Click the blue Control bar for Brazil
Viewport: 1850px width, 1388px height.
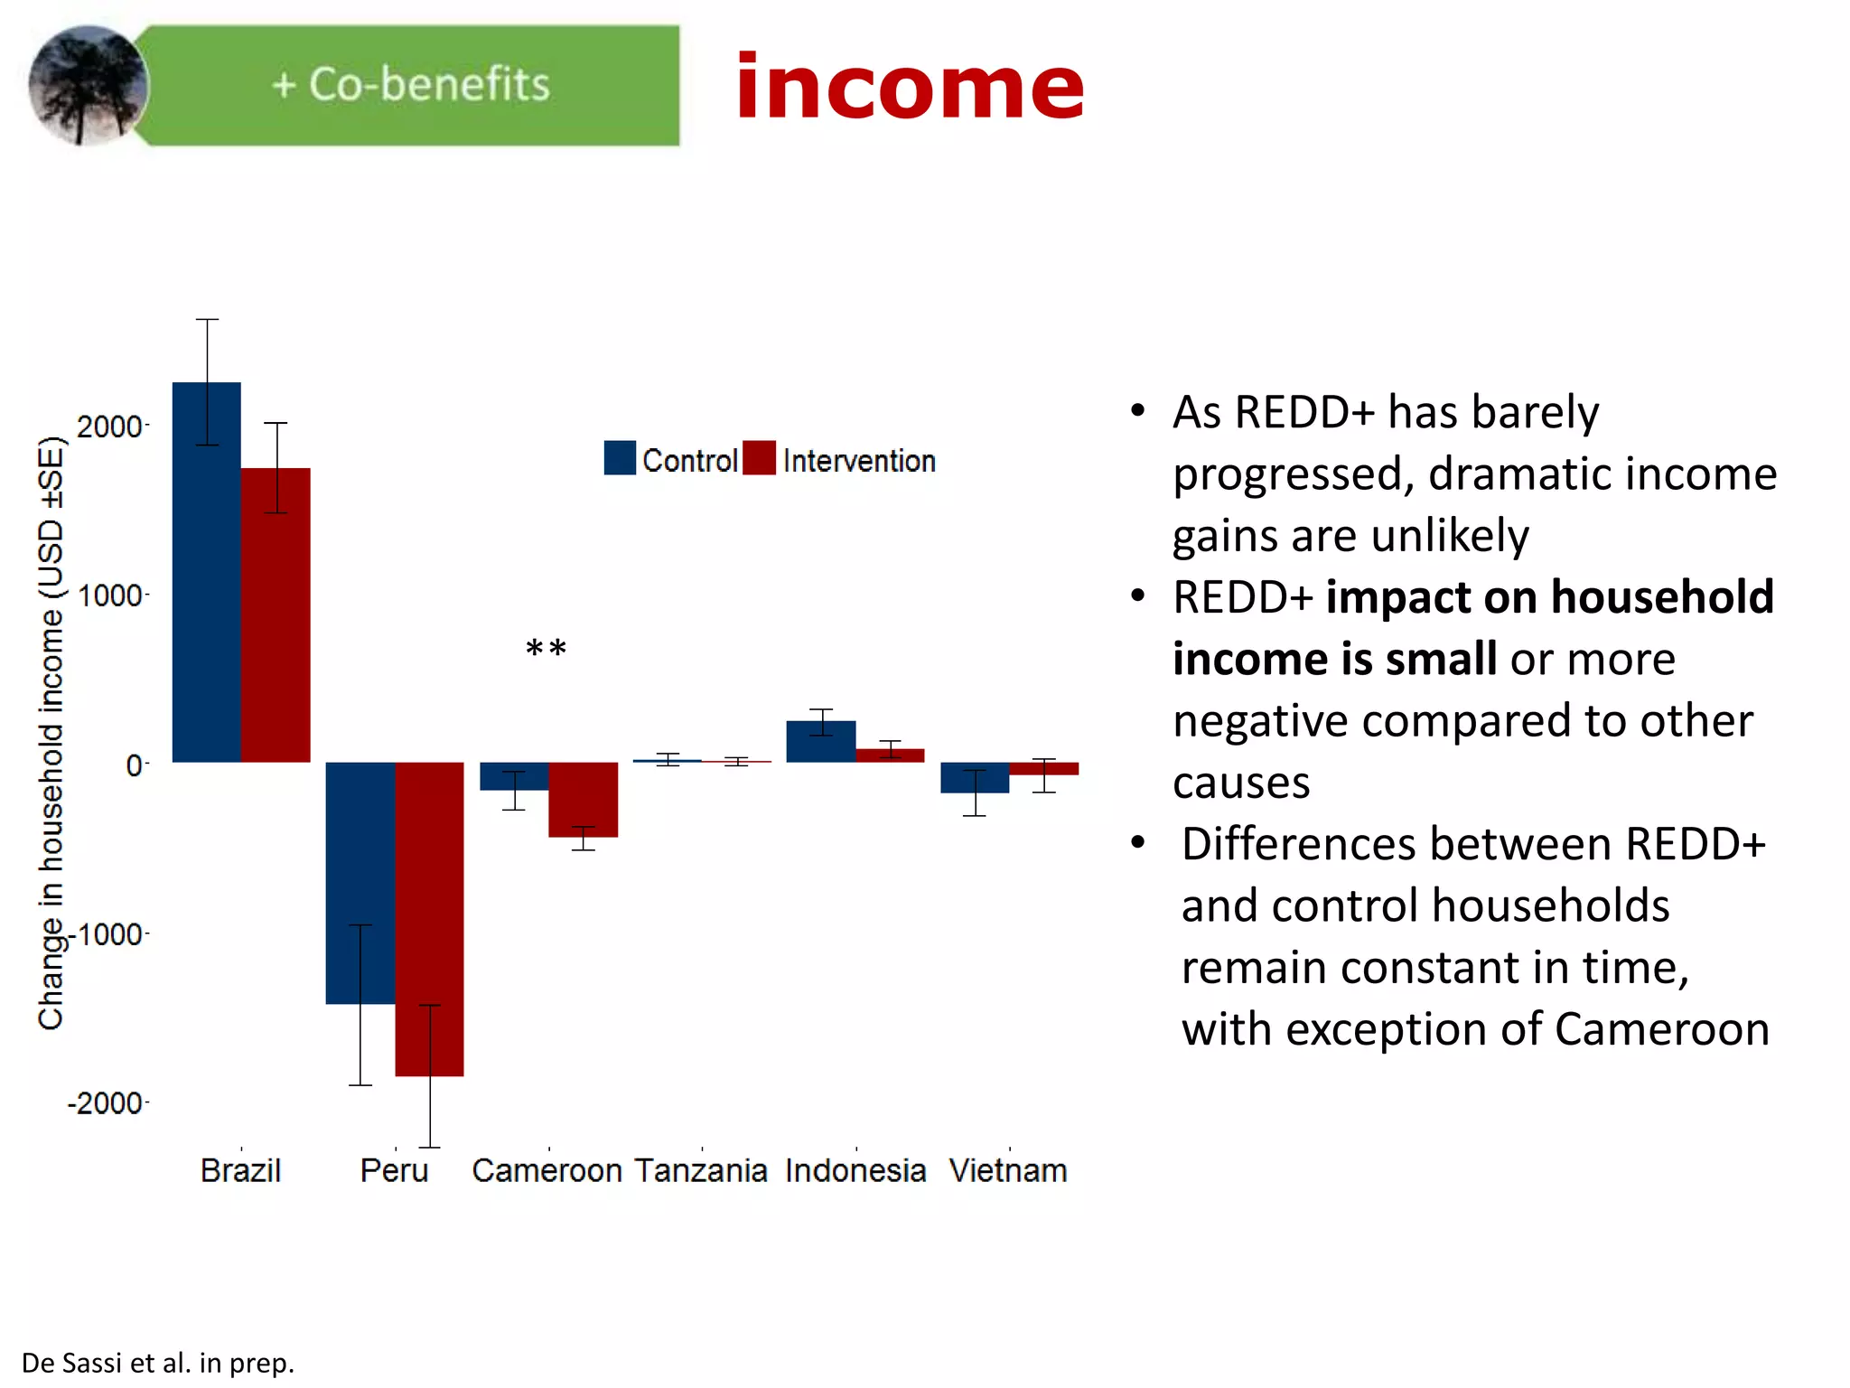click(x=207, y=578)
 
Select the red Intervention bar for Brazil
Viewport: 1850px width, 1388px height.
click(x=276, y=624)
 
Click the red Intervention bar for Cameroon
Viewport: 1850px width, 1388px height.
click(x=583, y=799)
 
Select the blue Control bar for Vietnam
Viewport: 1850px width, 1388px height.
click(x=974, y=778)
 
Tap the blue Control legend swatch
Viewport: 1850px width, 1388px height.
click(x=620, y=458)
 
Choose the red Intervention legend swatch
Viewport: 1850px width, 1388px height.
click(x=759, y=458)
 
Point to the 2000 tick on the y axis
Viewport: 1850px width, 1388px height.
click(x=109, y=427)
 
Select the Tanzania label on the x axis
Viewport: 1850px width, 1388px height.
click(x=700, y=1171)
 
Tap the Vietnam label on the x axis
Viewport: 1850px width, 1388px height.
click(x=1007, y=1171)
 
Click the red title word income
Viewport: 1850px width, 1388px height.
click(x=909, y=88)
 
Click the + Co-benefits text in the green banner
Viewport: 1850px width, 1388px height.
click(x=410, y=85)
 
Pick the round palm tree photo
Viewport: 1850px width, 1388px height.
click(x=88, y=86)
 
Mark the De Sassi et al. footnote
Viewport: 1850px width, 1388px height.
click(x=158, y=1363)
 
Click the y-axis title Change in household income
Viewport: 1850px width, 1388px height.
click(x=51, y=732)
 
